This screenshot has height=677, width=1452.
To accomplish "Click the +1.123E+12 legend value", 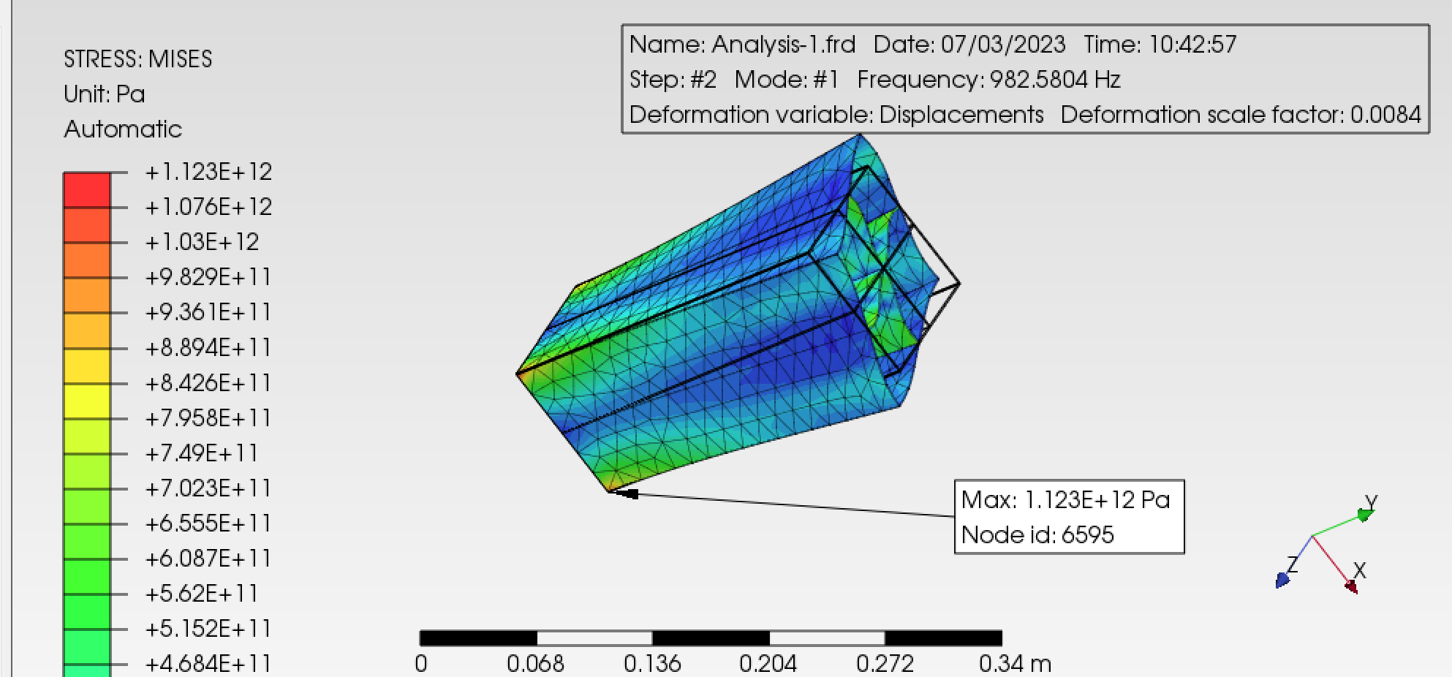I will (208, 172).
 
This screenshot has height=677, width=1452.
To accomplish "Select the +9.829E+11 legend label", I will (208, 277).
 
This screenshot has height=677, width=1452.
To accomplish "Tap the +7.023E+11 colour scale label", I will (208, 488).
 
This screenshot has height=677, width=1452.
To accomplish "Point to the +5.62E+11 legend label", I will (202, 594).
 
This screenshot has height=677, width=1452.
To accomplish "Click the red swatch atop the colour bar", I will (87, 189).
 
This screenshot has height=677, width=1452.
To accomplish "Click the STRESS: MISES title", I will (137, 59).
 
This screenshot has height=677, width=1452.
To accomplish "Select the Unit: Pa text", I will (105, 94).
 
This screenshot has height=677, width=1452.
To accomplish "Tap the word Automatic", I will (123, 129).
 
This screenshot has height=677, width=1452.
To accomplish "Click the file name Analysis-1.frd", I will (784, 45).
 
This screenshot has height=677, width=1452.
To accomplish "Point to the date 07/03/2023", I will (1003, 45).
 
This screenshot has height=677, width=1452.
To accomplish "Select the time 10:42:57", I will (1192, 45).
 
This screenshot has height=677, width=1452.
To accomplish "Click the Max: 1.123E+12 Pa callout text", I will (1065, 500).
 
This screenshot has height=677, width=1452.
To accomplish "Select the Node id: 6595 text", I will (1037, 535).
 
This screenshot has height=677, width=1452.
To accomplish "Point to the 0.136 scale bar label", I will (652, 664).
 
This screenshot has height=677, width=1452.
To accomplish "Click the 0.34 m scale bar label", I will (1015, 664).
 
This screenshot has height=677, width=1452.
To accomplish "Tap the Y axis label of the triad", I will (1371, 502).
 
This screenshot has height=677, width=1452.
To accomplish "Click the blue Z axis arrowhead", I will (1282, 580).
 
